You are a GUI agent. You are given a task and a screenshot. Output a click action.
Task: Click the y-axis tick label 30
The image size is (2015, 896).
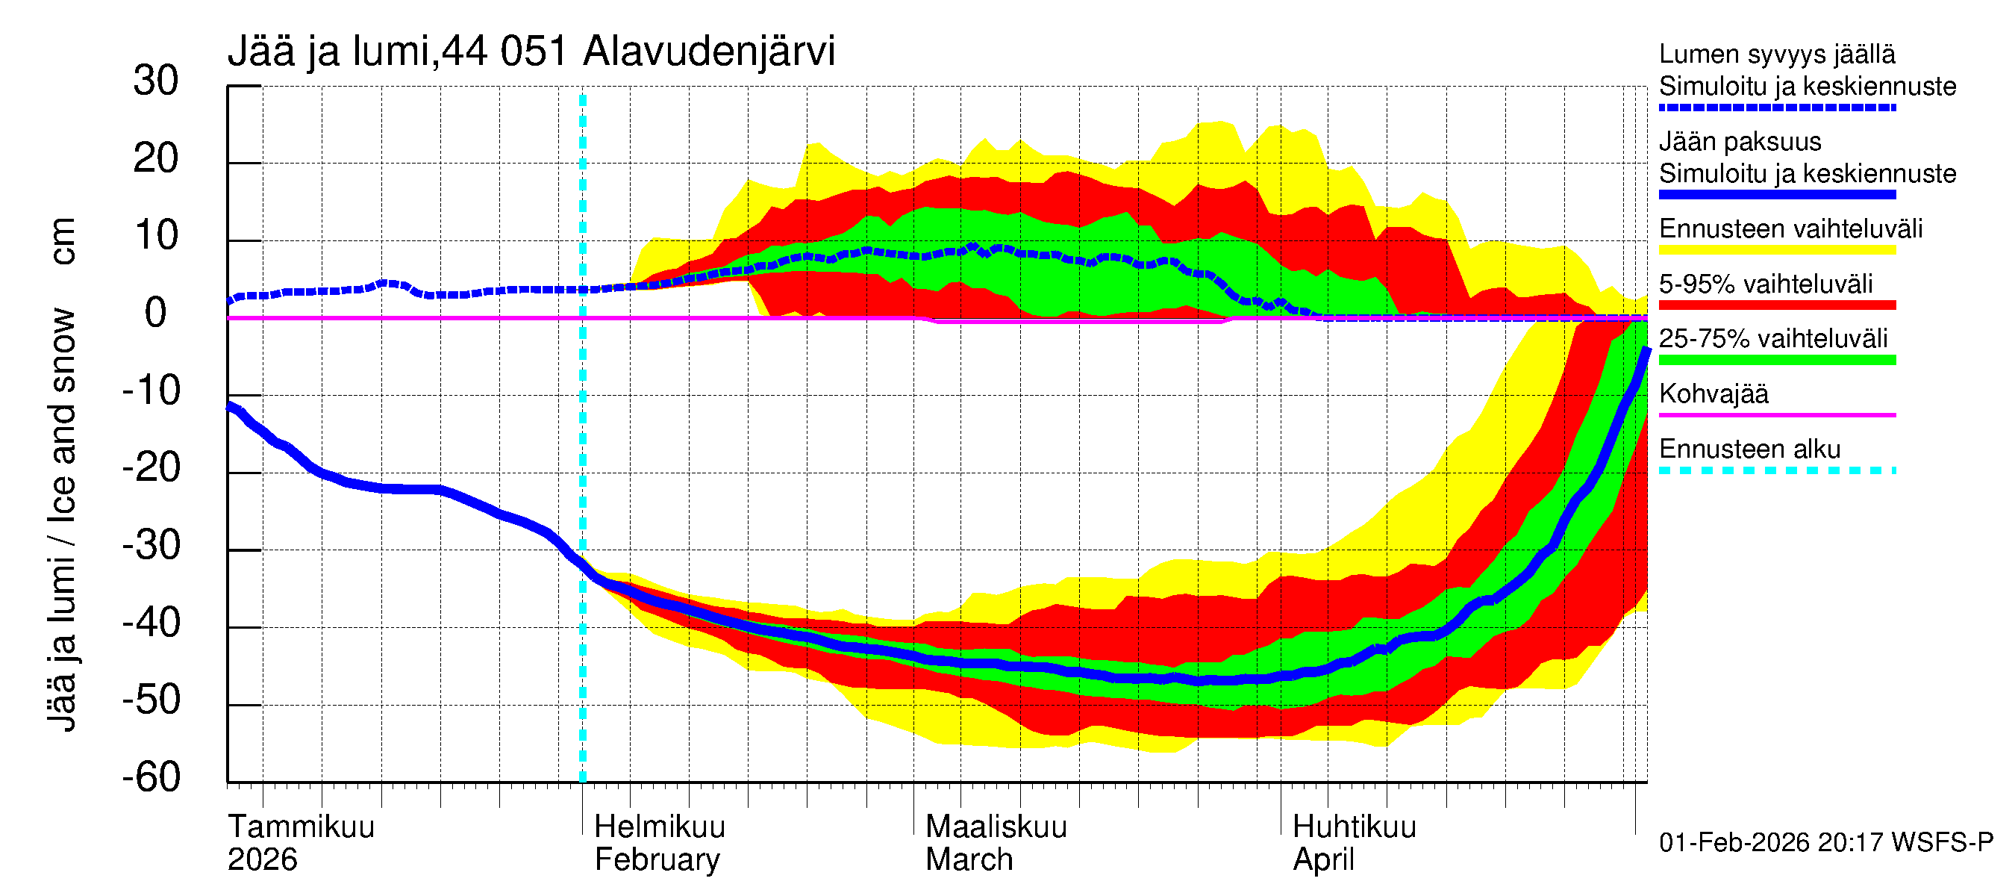[156, 81]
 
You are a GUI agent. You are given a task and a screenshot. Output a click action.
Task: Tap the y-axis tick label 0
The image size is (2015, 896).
[156, 313]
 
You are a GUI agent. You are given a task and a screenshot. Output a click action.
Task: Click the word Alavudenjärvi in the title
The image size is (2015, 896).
[709, 52]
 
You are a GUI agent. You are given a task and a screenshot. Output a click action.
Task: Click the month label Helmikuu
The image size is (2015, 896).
[660, 827]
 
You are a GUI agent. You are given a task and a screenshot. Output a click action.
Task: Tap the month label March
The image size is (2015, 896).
[969, 859]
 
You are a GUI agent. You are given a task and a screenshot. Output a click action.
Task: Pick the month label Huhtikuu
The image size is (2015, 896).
[1353, 827]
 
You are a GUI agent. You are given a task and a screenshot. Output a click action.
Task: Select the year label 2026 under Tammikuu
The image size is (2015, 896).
[262, 859]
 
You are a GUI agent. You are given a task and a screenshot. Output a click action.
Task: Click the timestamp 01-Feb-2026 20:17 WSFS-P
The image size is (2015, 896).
[1825, 842]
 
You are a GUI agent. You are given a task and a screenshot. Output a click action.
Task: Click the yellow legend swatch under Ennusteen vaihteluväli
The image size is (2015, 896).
[1776, 249]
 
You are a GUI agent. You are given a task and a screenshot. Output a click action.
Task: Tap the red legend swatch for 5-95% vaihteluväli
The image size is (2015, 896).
[1776, 305]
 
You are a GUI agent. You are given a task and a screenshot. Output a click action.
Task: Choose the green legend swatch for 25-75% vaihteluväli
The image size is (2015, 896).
[1776, 360]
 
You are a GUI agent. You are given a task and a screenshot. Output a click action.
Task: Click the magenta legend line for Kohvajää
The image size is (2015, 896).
[1776, 414]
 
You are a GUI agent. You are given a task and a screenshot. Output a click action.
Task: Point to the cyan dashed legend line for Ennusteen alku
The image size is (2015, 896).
[1776, 470]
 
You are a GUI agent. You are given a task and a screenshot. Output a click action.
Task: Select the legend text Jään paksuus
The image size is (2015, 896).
[1740, 142]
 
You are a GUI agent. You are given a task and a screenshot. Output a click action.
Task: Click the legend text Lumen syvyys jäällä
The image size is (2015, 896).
[1776, 54]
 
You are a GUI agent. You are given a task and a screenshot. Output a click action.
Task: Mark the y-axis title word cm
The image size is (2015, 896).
[63, 241]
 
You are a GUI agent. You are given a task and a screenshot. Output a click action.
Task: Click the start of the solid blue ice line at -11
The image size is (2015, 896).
[230, 405]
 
